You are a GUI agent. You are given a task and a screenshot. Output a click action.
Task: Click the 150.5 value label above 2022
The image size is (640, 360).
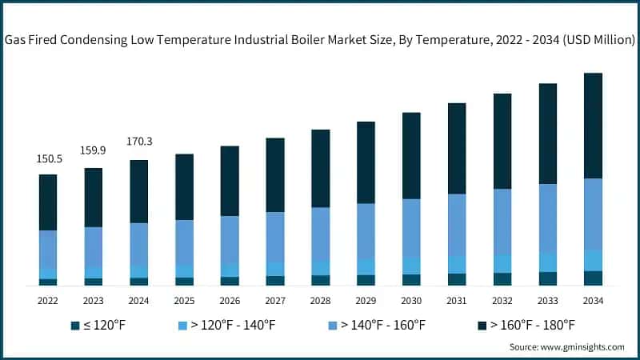pos(48,159)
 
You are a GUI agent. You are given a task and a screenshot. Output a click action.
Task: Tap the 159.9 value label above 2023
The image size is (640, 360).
pos(94,150)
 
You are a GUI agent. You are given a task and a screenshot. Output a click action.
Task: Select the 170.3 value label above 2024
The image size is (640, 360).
pos(139,142)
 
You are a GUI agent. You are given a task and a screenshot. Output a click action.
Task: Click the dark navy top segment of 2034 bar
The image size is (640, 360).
pos(593,126)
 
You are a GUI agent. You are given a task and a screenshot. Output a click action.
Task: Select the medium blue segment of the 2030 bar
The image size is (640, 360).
pos(411,227)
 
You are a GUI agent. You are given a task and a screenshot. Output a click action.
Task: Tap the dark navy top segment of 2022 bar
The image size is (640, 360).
pos(48,202)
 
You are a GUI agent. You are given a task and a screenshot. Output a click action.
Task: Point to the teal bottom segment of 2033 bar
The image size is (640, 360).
pos(547,278)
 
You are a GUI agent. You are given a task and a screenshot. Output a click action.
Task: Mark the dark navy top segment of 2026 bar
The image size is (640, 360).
pos(230,181)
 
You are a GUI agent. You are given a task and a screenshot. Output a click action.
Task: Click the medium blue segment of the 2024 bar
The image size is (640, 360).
pos(139,244)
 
